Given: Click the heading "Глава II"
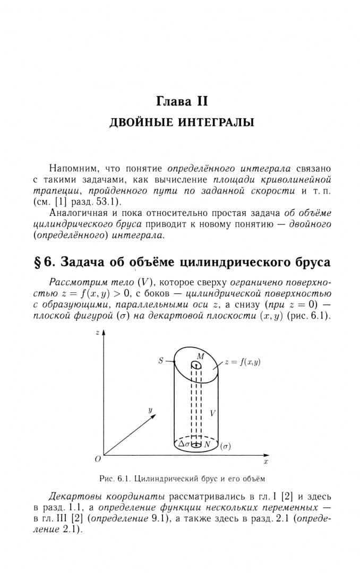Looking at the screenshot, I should pyautogui.click(x=182, y=100).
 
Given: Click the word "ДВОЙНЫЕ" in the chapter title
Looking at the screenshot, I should pyautogui.click(x=136, y=123).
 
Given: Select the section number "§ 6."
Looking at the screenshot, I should pyautogui.click(x=45, y=262).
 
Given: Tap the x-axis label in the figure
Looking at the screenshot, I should pyautogui.click(x=265, y=462).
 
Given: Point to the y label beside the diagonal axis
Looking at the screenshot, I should pyautogui.click(x=150, y=410).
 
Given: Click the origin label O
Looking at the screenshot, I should pyautogui.click(x=98, y=458).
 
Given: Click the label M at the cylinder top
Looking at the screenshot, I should pyautogui.click(x=200, y=357).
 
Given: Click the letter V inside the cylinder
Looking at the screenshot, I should pyautogui.click(x=212, y=413).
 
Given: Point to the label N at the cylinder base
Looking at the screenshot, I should pyautogui.click(x=208, y=444).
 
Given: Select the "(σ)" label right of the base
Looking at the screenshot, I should pyautogui.click(x=225, y=447).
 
